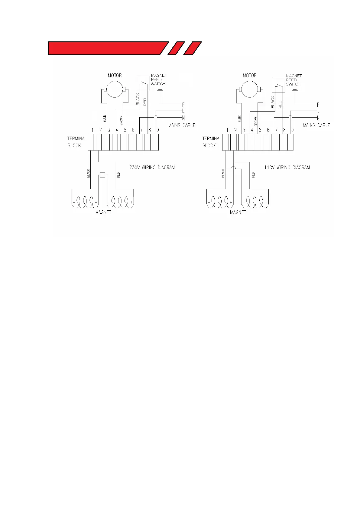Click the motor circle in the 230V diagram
(115, 89)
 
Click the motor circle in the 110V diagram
(249, 89)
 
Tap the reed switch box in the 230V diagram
(143, 83)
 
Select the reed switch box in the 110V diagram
(278, 85)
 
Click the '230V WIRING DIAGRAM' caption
(152, 167)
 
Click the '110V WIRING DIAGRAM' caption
(287, 167)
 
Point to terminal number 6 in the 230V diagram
(133, 130)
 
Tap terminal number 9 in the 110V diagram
(292, 130)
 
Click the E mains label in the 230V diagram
(183, 105)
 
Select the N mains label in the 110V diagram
(318, 118)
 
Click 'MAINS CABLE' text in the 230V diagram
(182, 125)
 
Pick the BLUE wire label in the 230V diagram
(105, 119)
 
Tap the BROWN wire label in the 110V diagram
(256, 121)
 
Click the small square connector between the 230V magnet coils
(103, 175)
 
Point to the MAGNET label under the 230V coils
(103, 212)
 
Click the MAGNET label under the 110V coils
(238, 212)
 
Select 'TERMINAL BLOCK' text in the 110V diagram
(212, 142)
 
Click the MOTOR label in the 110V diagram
(250, 76)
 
